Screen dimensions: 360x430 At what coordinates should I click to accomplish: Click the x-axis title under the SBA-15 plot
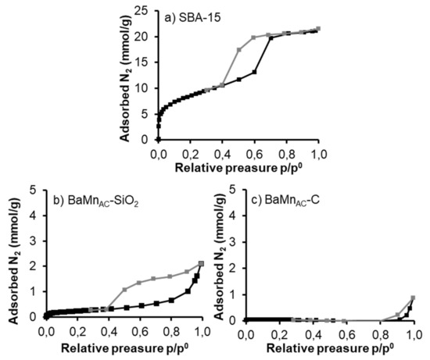point(238,168)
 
